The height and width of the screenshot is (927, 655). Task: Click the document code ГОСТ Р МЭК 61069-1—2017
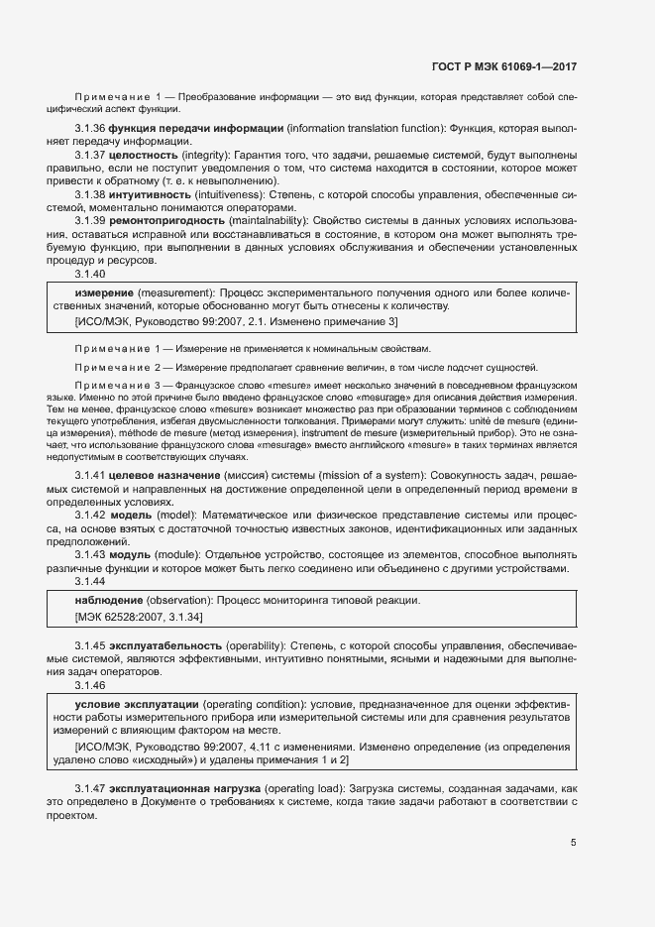tap(504, 67)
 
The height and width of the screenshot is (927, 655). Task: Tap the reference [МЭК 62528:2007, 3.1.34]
tap(139, 617)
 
